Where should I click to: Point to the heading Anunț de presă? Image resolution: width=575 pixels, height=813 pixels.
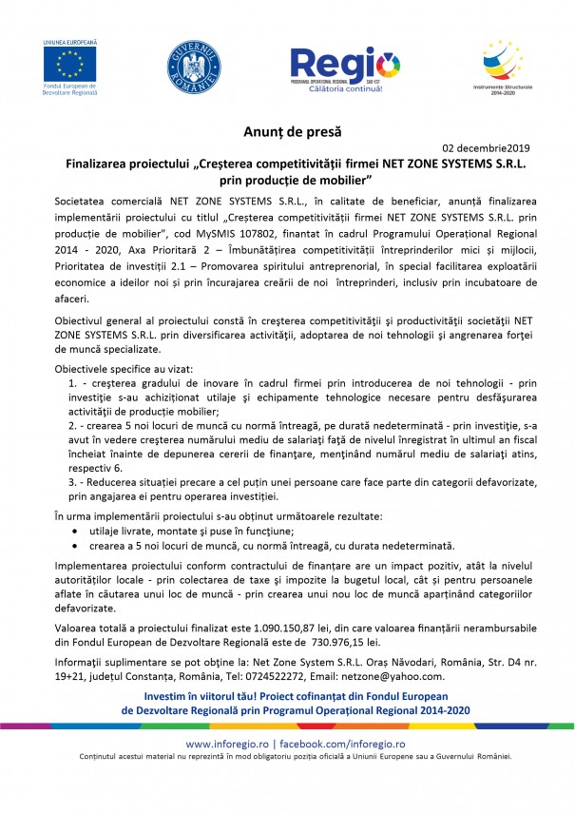[287, 130]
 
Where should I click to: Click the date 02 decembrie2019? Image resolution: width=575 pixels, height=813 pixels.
[487, 148]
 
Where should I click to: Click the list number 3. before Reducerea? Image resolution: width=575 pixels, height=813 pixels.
[73, 483]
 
